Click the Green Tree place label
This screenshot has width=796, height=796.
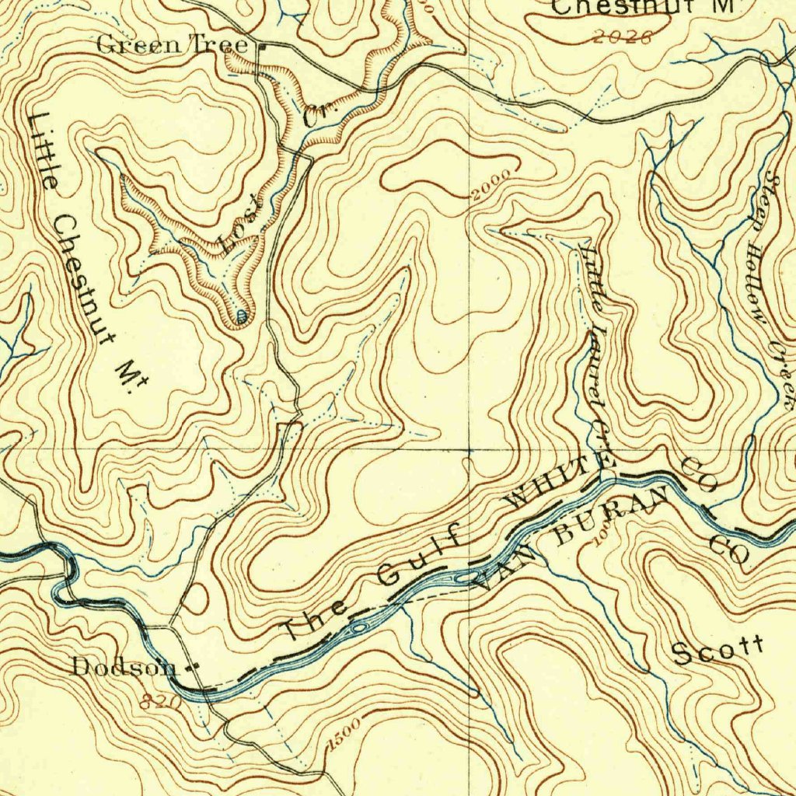point(172,45)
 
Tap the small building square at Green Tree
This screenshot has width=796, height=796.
point(262,47)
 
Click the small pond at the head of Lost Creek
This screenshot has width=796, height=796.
point(241,316)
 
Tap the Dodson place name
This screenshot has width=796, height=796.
point(124,666)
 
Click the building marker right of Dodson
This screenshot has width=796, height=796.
point(194,666)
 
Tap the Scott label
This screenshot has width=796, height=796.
point(718,650)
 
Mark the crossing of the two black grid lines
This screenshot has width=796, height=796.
point(470,449)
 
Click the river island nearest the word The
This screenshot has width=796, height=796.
point(358,627)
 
